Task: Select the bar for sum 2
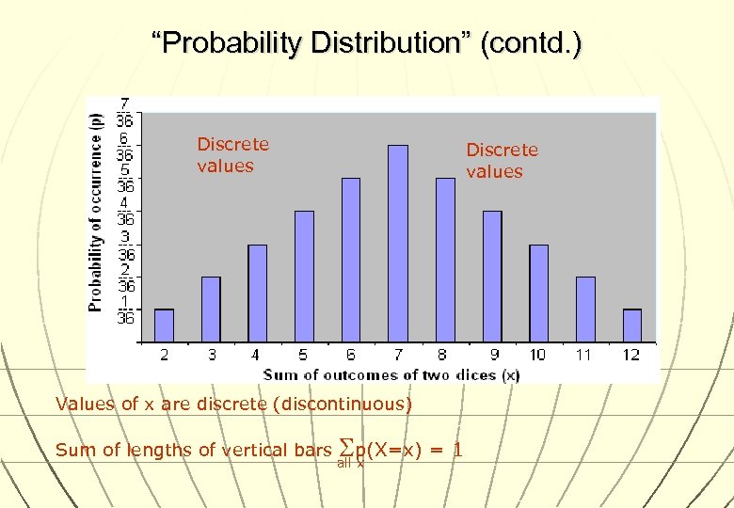[164, 325]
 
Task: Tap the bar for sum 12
[632, 325]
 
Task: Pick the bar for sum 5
[304, 276]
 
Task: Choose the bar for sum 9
[492, 276]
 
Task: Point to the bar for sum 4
[257, 292]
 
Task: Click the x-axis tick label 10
[537, 355]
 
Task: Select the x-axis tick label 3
[211, 355]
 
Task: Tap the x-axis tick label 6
[351, 355]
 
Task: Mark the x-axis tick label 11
[584, 355]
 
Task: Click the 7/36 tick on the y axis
[124, 111]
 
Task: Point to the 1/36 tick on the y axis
[124, 310]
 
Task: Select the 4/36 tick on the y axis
[124, 211]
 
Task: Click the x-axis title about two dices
[391, 374]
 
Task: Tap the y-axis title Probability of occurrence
[96, 212]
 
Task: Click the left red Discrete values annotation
[232, 155]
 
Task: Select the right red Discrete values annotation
[502, 160]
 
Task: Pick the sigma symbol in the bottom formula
[343, 449]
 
